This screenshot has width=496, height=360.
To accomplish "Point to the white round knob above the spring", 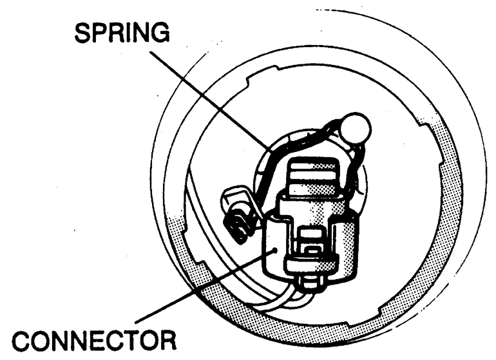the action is (355, 128).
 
